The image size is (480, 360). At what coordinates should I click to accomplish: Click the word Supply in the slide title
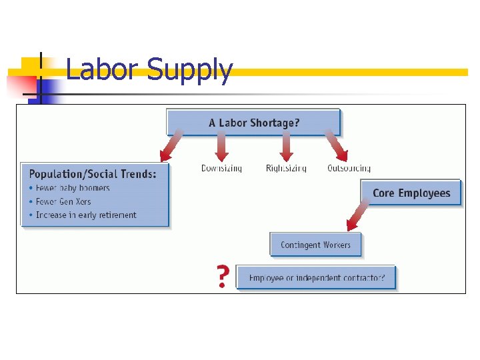pos(189,71)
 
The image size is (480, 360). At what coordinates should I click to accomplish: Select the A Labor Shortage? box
pos(253,123)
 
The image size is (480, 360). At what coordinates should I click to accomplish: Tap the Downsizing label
pos(221,168)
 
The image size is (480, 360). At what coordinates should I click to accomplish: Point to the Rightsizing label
pos(286,168)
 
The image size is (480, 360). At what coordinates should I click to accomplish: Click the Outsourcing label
pos(349,168)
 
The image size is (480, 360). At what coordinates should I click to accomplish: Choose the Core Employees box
pos(411,193)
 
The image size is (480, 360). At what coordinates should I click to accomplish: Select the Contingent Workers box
pos(315,245)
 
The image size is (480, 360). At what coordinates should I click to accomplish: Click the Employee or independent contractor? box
pos(316,277)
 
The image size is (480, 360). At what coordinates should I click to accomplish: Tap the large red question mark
pos(223,277)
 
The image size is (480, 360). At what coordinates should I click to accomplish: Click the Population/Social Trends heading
pos(93,174)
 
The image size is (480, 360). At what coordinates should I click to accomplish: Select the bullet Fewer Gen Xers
pos(63,201)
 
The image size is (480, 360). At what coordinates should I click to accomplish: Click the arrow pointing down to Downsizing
pos(221,145)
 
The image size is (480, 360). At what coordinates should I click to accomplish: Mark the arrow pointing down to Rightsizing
pos(286,145)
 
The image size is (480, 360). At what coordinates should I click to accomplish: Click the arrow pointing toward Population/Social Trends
pos(171,146)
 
